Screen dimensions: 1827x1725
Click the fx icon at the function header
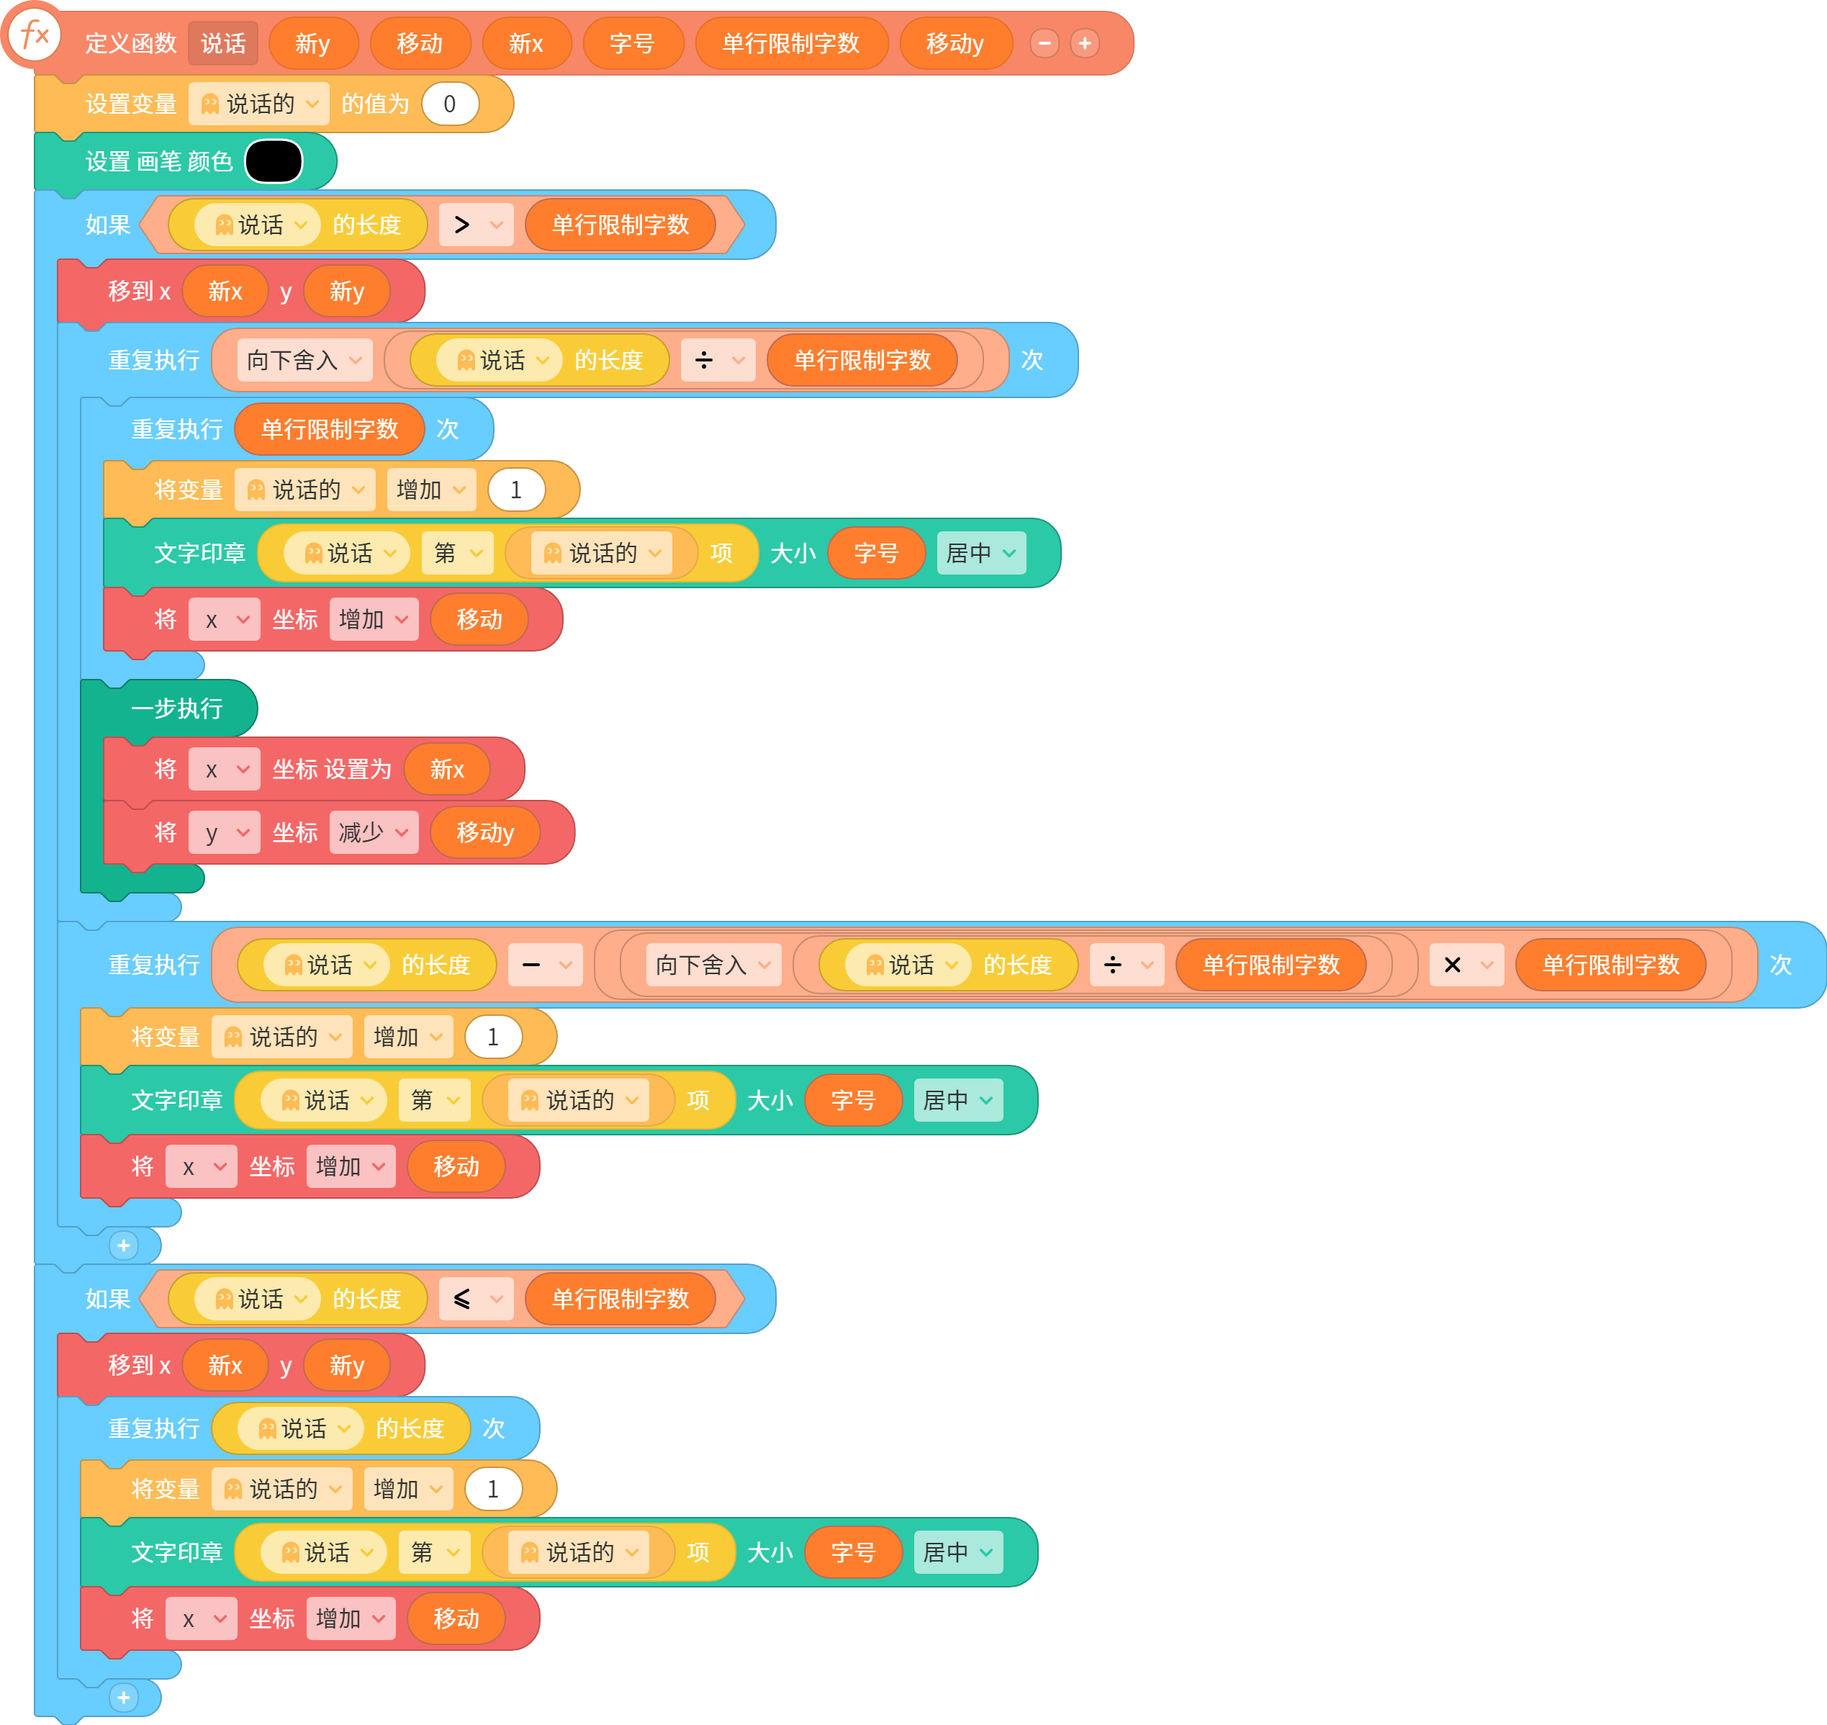point(34,35)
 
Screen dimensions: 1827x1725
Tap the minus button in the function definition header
point(1045,43)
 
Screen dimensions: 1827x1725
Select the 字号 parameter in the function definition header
point(633,43)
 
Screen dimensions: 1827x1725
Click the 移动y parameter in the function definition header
point(955,43)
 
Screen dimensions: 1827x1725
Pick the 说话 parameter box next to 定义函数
point(223,43)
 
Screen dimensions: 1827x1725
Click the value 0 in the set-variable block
point(450,104)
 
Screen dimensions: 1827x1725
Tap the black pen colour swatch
point(274,161)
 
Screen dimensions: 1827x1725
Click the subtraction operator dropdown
point(545,965)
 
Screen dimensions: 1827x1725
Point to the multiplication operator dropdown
point(1466,965)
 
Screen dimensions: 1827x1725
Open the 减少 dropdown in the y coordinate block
point(374,832)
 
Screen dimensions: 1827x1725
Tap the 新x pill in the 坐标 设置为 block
point(447,769)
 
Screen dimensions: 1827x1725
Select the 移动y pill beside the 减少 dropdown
point(485,832)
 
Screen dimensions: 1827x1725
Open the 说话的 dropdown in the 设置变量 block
point(258,104)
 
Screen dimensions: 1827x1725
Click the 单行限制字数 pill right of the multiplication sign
point(1611,965)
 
